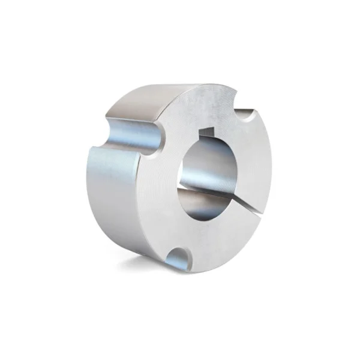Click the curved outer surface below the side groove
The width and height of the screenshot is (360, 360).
114,198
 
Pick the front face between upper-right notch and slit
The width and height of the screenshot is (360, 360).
255,162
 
